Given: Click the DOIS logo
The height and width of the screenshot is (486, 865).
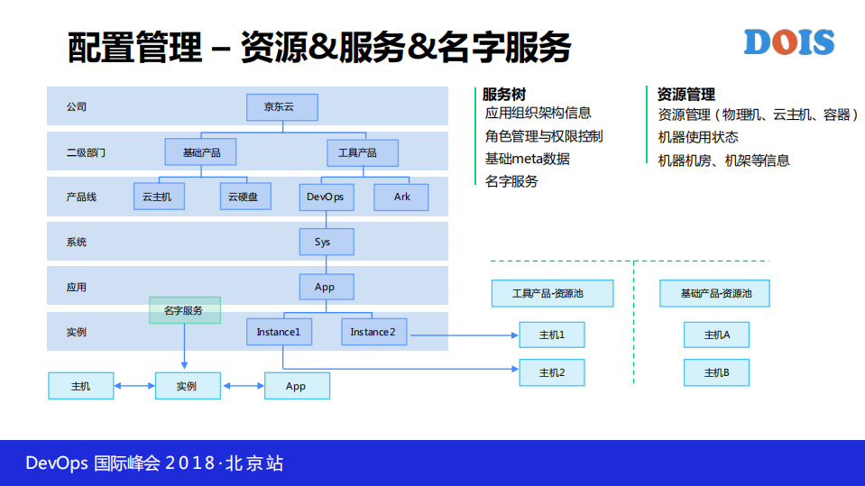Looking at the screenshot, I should (789, 42).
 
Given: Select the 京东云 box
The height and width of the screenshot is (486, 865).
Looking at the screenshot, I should (282, 107).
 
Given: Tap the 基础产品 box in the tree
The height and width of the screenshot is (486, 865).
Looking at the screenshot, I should (200, 152).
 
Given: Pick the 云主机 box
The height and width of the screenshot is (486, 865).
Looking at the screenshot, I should (158, 197).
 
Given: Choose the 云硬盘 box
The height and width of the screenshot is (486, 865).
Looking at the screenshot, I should (245, 197).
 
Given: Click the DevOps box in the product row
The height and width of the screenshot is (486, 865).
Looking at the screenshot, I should (326, 197).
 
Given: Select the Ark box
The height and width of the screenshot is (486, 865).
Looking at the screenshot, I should (401, 197).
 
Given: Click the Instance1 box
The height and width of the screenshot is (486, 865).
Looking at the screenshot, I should (279, 332).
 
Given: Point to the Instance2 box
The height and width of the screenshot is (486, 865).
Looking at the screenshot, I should (373, 332).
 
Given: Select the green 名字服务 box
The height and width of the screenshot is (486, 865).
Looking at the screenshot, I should (184, 310).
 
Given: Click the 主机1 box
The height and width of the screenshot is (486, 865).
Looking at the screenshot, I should (551, 335).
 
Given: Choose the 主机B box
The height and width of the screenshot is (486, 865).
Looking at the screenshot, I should (716, 372).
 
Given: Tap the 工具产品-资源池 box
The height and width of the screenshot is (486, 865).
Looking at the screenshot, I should (552, 293).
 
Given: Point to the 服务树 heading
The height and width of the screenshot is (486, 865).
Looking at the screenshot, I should (504, 94).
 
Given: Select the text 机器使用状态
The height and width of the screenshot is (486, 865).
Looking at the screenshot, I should (698, 137).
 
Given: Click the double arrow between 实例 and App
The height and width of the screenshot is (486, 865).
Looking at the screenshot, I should (243, 386).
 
